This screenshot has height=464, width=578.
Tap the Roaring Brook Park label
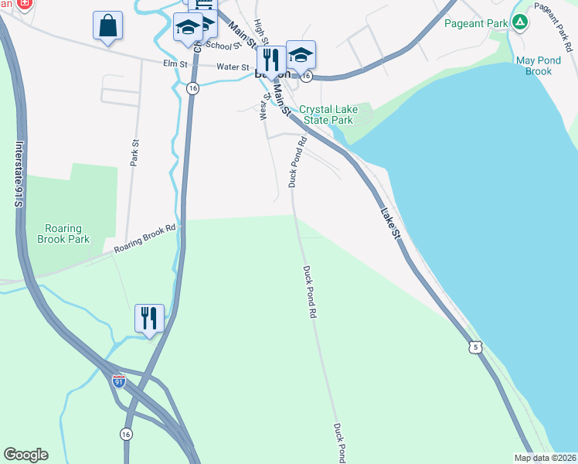[x=63, y=234]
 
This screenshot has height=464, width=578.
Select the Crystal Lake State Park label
[x=326, y=114]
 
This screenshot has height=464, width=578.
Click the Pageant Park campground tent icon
[x=521, y=22]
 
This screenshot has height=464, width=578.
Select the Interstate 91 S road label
[x=19, y=173]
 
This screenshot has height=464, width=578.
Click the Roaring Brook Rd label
[x=145, y=239]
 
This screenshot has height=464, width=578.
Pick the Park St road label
[x=134, y=153]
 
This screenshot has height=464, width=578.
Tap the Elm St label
[x=175, y=64]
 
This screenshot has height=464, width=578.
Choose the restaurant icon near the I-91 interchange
[x=150, y=318]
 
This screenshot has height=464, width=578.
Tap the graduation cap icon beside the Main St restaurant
[x=301, y=54]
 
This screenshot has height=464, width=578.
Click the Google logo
[x=25, y=455]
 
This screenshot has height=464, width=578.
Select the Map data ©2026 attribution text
[x=545, y=458]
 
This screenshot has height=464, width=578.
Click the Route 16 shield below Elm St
[x=192, y=89]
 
